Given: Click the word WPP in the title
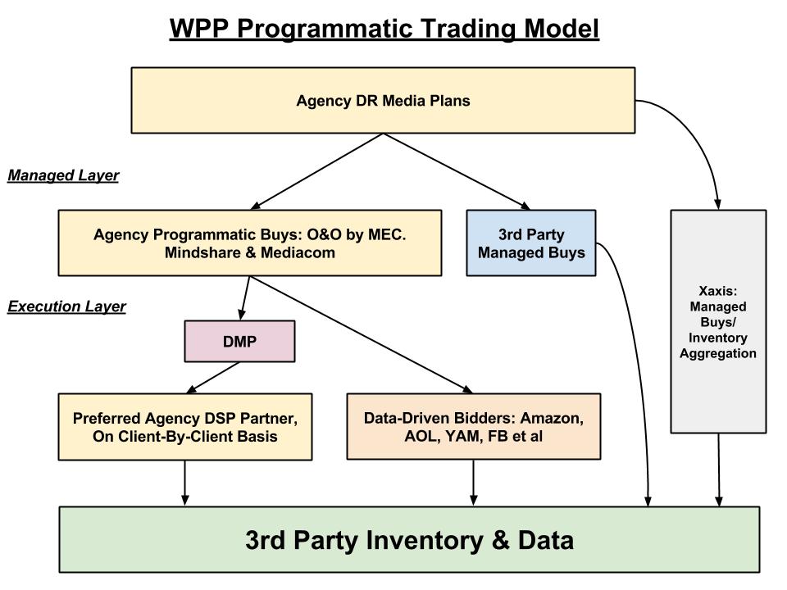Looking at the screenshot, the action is click(199, 28).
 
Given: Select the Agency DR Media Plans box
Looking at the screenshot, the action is click(383, 100).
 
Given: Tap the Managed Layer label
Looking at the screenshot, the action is click(63, 175).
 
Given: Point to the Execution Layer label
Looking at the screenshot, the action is click(66, 306).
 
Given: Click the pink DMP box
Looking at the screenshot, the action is click(239, 341).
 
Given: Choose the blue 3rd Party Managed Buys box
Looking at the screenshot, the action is click(531, 243).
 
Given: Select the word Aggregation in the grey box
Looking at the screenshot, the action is click(718, 353).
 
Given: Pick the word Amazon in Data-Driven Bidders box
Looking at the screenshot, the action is click(552, 418).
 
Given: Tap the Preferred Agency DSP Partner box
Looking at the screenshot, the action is click(185, 427).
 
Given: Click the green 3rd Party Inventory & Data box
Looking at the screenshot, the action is click(409, 539).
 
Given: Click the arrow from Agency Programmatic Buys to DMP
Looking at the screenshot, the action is click(245, 298).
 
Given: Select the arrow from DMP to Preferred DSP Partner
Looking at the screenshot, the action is click(213, 378).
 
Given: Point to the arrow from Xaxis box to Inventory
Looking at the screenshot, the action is click(719, 470).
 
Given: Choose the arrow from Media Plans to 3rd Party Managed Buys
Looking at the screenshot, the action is click(457, 171).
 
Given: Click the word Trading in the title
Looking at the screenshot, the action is click(466, 29).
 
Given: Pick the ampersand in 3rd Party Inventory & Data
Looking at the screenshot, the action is click(501, 540).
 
